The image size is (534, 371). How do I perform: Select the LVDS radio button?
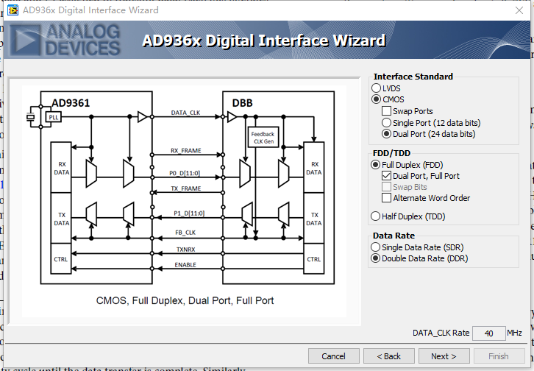(x=377, y=88)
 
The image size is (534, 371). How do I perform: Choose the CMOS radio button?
(x=377, y=99)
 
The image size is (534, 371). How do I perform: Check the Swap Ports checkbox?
(x=387, y=111)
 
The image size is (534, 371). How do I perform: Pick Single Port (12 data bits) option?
(x=387, y=123)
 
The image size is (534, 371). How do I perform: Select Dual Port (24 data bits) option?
(x=387, y=134)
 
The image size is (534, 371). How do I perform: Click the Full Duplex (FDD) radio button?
(x=377, y=165)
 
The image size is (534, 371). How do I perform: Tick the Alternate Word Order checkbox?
(x=387, y=198)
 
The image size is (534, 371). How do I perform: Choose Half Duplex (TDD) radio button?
(x=377, y=216)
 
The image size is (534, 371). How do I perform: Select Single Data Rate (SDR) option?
(x=377, y=247)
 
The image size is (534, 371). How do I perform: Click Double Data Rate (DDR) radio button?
(x=377, y=258)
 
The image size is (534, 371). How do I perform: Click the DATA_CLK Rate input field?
(x=488, y=333)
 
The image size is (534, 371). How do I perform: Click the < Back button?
(x=388, y=356)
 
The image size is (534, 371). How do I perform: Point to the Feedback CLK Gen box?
(x=263, y=138)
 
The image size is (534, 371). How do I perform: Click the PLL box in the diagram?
(x=53, y=116)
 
